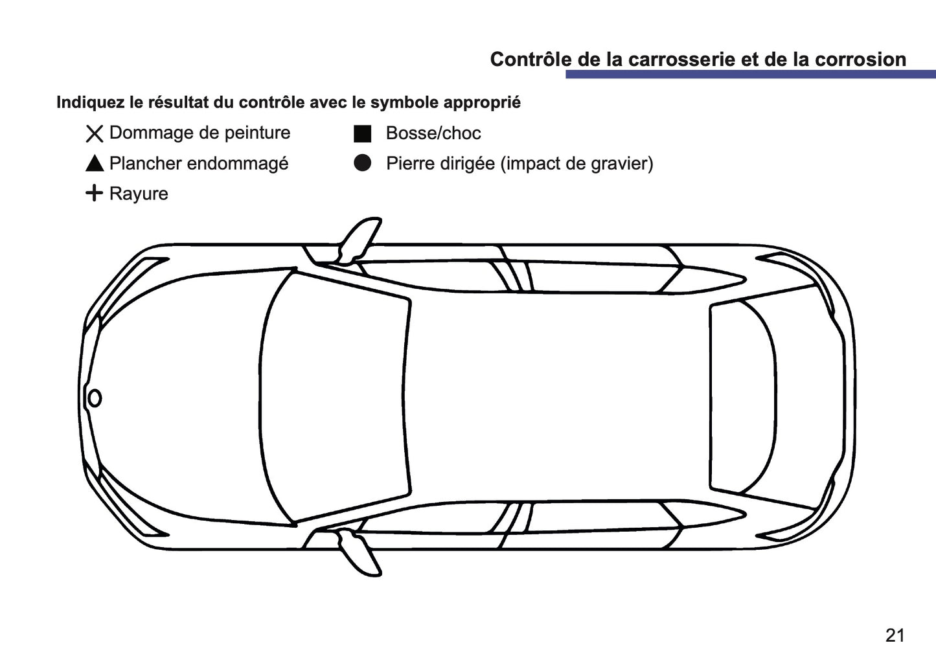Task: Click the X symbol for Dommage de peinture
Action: [95, 133]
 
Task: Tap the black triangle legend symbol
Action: [95, 164]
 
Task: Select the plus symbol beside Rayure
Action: [95, 193]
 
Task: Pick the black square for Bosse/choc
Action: [362, 133]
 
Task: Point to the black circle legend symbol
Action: [362, 163]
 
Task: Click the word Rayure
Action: [139, 194]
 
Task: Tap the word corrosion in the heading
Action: [860, 59]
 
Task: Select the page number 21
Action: [895, 635]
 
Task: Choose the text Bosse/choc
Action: [433, 133]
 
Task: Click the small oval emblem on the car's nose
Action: [95, 398]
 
